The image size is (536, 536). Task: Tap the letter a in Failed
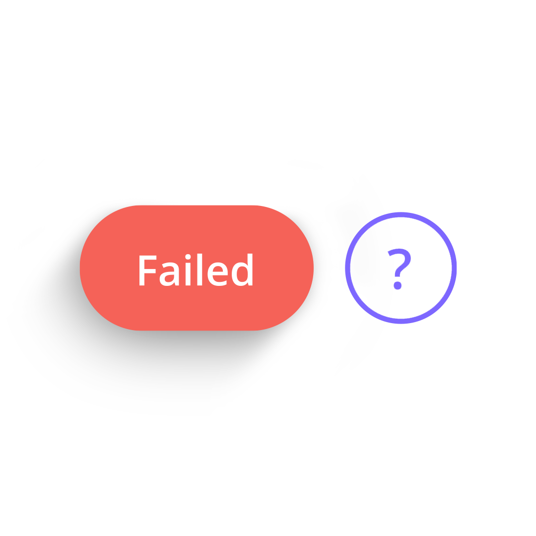pyautogui.click(x=170, y=274)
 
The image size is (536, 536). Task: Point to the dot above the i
pyautogui.click(x=188, y=257)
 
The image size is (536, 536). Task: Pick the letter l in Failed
pyautogui.click(x=200, y=269)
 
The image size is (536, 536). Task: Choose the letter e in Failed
pyautogui.click(x=217, y=274)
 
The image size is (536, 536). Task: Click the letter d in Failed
pyautogui.click(x=242, y=269)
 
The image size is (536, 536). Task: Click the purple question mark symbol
pyautogui.click(x=399, y=269)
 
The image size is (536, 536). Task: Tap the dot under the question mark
pyautogui.click(x=397, y=285)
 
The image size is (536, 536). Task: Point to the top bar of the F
pyautogui.click(x=148, y=258)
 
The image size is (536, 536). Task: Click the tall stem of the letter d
pyautogui.click(x=250, y=269)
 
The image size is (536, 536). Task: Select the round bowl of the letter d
pyautogui.click(x=239, y=274)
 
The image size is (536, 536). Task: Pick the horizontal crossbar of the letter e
pyautogui.click(x=220, y=273)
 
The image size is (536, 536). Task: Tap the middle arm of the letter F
pyautogui.click(x=150, y=271)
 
